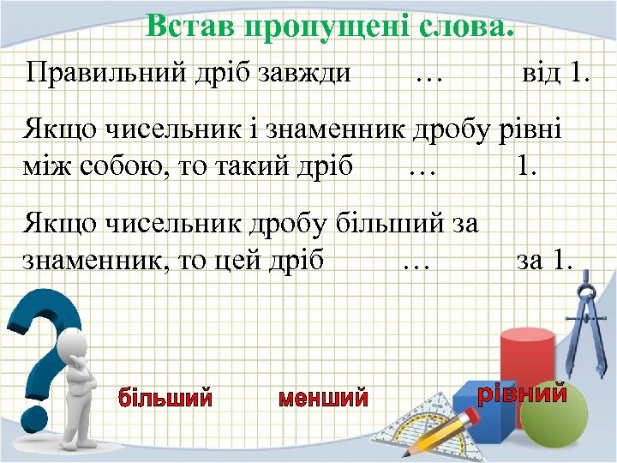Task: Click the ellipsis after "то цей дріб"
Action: click(416, 261)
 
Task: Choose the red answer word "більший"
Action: click(165, 398)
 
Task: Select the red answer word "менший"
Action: click(323, 399)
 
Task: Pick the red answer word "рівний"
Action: click(522, 394)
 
